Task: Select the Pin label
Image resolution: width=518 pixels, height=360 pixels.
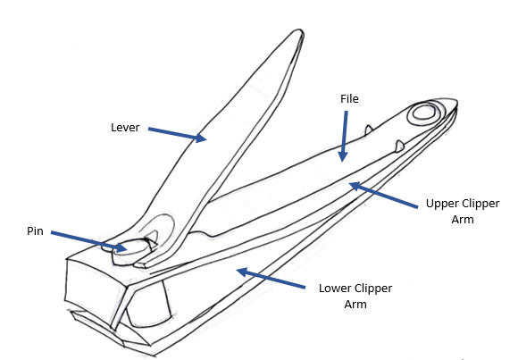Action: coord(35,230)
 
